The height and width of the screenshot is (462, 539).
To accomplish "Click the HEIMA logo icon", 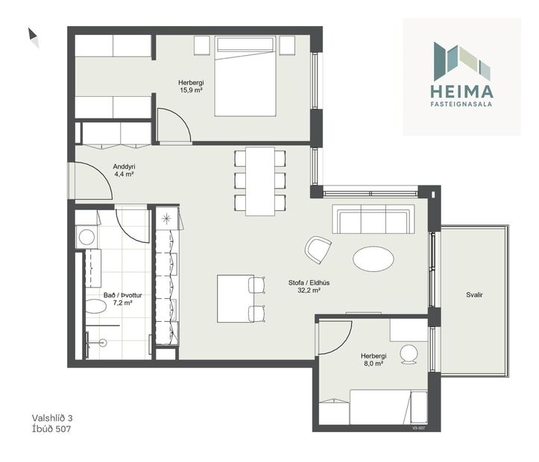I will pos(461,62).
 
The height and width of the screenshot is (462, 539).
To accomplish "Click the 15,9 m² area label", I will pos(191,90).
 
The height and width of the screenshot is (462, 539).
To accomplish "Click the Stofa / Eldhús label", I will pos(304,283).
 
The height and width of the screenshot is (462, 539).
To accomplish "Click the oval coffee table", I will pos(373,259).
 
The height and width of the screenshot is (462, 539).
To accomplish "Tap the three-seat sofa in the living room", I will pos(373,220).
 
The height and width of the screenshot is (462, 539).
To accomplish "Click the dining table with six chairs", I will pos(259,180).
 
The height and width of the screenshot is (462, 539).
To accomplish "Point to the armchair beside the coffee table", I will pos(318,249).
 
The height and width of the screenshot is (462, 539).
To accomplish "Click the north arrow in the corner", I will pos(34,37).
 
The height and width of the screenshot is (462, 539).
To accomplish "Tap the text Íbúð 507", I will pos(52,429).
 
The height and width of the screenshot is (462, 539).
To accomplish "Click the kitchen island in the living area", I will pos(234,298).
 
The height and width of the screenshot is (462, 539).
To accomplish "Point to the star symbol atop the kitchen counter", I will pos(166,218).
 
